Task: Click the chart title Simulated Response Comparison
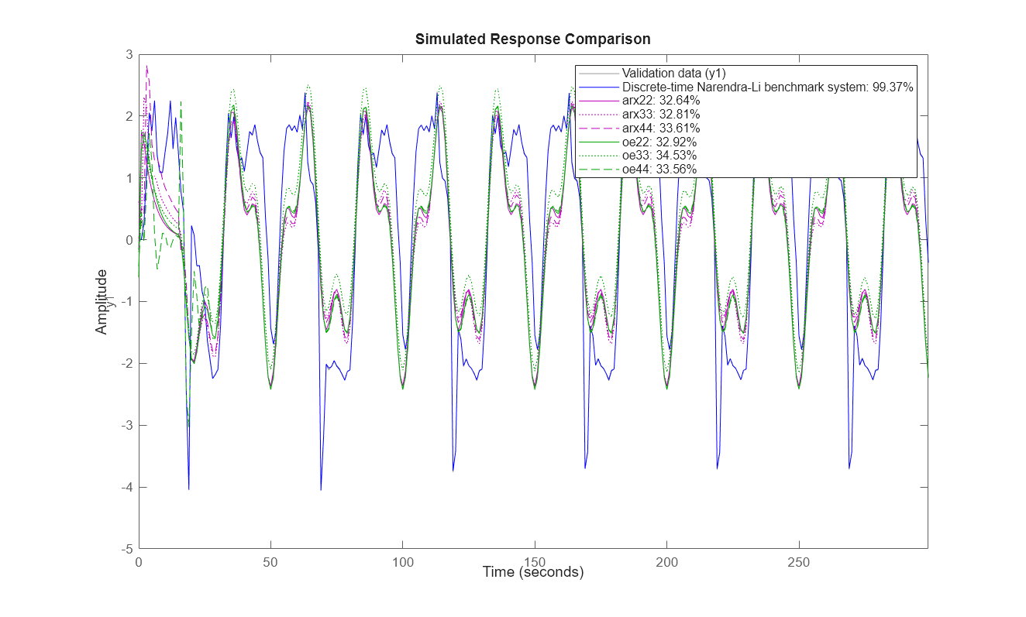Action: [532, 39]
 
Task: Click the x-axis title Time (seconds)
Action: [532, 572]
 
